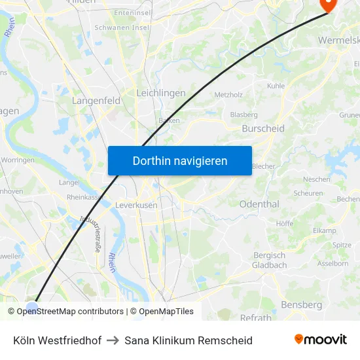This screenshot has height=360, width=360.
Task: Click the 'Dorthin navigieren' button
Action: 180,160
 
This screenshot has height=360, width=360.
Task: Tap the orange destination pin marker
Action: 326,5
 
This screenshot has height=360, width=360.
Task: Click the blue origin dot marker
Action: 32,308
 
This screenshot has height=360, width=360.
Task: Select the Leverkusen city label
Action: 136,205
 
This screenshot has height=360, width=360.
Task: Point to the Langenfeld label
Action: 96,101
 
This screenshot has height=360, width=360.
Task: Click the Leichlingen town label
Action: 160,94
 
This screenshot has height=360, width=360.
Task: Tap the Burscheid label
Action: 263,129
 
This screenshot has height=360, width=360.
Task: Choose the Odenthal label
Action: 259,204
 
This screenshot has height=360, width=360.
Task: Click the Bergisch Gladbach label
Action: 269,260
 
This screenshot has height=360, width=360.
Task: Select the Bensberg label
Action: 301,305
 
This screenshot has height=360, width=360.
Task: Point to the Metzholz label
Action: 228,95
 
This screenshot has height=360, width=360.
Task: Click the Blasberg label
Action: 243,115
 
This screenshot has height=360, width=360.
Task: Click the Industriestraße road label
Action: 89,233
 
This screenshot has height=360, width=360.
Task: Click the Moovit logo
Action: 321,339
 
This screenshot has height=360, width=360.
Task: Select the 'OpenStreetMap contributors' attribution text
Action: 70,312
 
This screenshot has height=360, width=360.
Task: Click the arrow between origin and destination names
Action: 113,340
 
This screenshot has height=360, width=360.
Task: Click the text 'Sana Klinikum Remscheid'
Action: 189,340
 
